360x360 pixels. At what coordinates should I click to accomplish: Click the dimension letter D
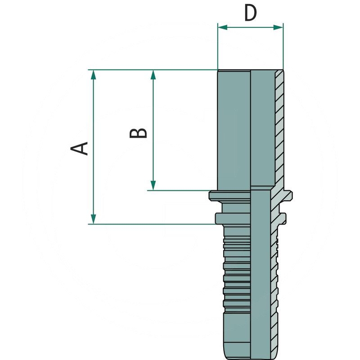coord(250,13)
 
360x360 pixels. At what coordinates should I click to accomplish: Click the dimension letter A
coord(80,148)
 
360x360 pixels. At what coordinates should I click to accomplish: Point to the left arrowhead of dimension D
coord(222,27)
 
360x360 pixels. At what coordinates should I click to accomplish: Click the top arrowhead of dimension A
coord(93,75)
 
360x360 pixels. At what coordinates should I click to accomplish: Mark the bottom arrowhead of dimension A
coord(93,219)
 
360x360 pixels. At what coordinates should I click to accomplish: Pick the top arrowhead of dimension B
coord(153,75)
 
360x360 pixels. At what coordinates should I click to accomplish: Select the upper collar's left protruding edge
coord(213,196)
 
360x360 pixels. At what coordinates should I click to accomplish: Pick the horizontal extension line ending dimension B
coord(180,190)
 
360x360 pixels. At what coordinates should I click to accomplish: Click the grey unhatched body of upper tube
coord(234,130)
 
